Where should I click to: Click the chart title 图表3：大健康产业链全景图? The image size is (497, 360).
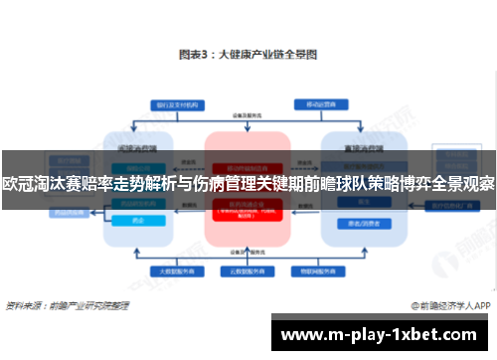point(248,58)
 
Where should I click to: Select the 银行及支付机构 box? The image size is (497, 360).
point(175,104)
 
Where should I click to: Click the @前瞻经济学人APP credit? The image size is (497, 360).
point(445,303)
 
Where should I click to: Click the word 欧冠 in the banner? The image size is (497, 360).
point(18,183)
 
